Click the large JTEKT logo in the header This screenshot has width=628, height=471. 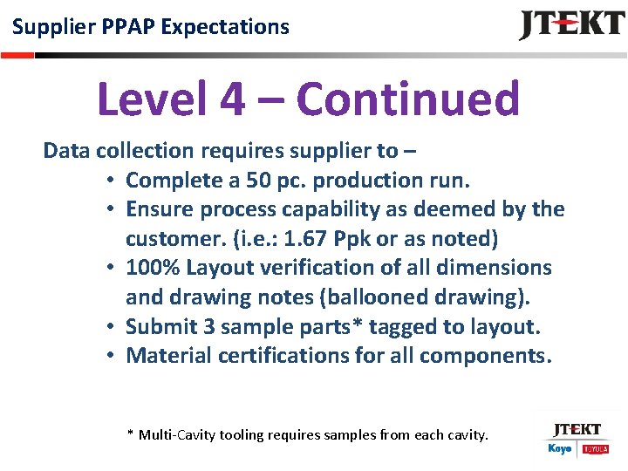click(x=571, y=25)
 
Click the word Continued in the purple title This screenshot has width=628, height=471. click(x=408, y=99)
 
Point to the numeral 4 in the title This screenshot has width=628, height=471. click(x=233, y=99)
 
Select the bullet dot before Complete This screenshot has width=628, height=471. click(x=113, y=181)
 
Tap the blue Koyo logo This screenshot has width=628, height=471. click(x=560, y=448)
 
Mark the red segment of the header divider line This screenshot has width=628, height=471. click(x=17, y=54)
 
